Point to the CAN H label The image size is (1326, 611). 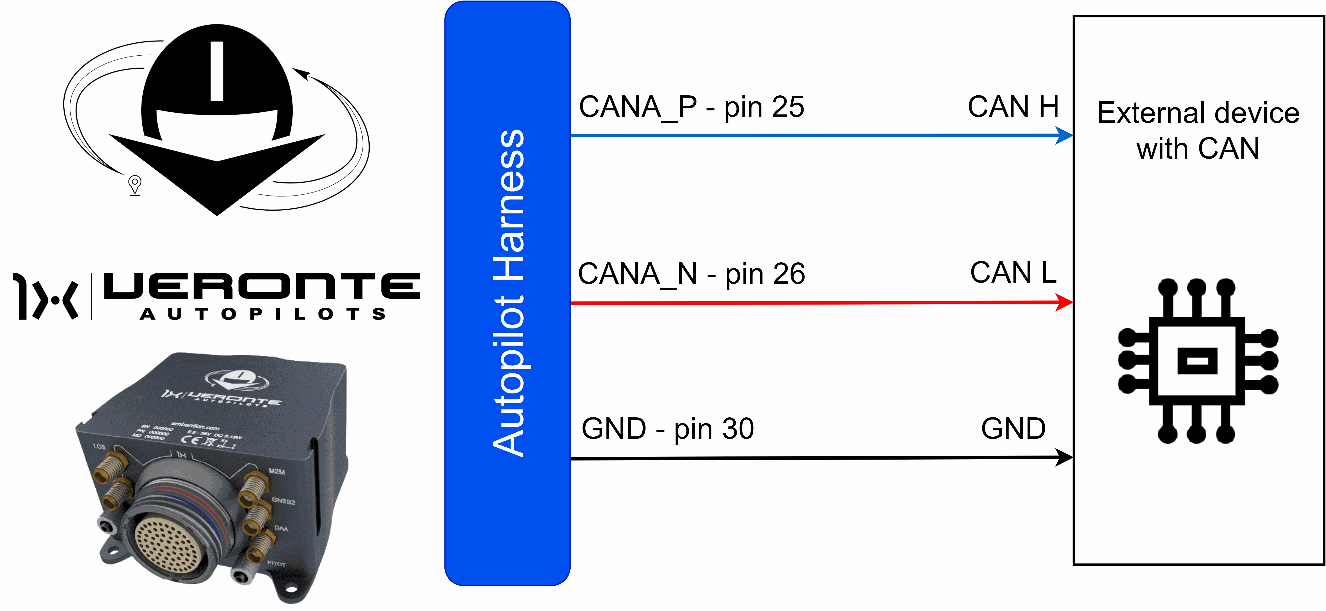pos(1012,107)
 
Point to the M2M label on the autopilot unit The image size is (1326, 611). pos(276,471)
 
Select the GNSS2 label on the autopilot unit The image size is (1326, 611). pos(283,501)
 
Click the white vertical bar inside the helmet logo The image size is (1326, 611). pos(217,71)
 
